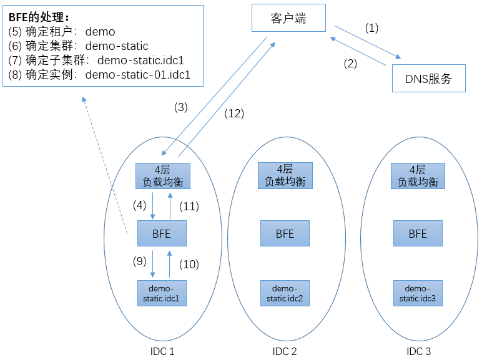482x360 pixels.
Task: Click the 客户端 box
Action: click(288, 18)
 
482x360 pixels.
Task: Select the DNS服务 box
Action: click(429, 79)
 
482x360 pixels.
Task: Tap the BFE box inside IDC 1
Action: click(162, 233)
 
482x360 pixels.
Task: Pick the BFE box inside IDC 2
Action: click(285, 233)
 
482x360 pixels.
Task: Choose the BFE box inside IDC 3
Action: click(418, 233)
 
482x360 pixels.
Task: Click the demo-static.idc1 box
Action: click(162, 293)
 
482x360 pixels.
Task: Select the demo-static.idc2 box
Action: click(285, 293)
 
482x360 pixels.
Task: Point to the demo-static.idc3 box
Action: click(418, 293)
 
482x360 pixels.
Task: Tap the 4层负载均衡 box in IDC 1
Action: click(163, 176)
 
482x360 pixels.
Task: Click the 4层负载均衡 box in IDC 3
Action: click(418, 176)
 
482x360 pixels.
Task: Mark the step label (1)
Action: click(371, 28)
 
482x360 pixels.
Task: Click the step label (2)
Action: click(350, 64)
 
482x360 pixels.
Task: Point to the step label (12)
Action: click(234, 114)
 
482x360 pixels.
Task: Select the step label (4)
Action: click(140, 205)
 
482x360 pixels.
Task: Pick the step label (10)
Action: click(189, 265)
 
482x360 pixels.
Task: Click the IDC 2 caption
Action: click(285, 351)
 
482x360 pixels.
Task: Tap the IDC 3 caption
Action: click(419, 351)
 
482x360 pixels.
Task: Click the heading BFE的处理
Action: click(39, 17)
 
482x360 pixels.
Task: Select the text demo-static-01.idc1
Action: click(138, 75)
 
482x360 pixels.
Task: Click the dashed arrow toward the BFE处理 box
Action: click(105, 165)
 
